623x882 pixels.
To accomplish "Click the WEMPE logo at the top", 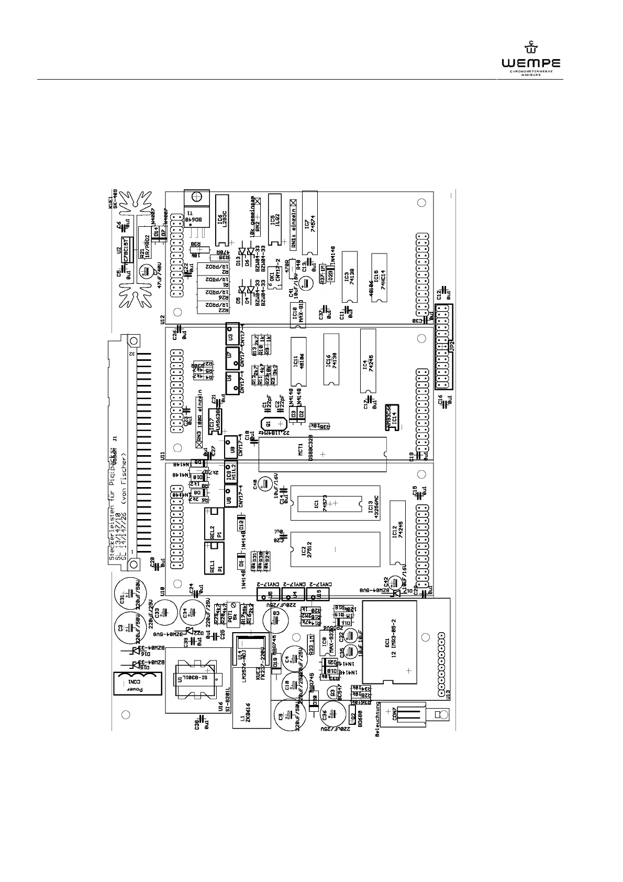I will tap(530, 59).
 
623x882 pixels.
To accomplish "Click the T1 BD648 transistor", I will tap(198, 208).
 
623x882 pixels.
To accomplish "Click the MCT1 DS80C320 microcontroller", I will tap(323, 455).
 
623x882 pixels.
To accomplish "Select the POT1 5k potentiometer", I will tap(231, 616).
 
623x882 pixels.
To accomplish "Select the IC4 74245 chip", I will tap(368, 361).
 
